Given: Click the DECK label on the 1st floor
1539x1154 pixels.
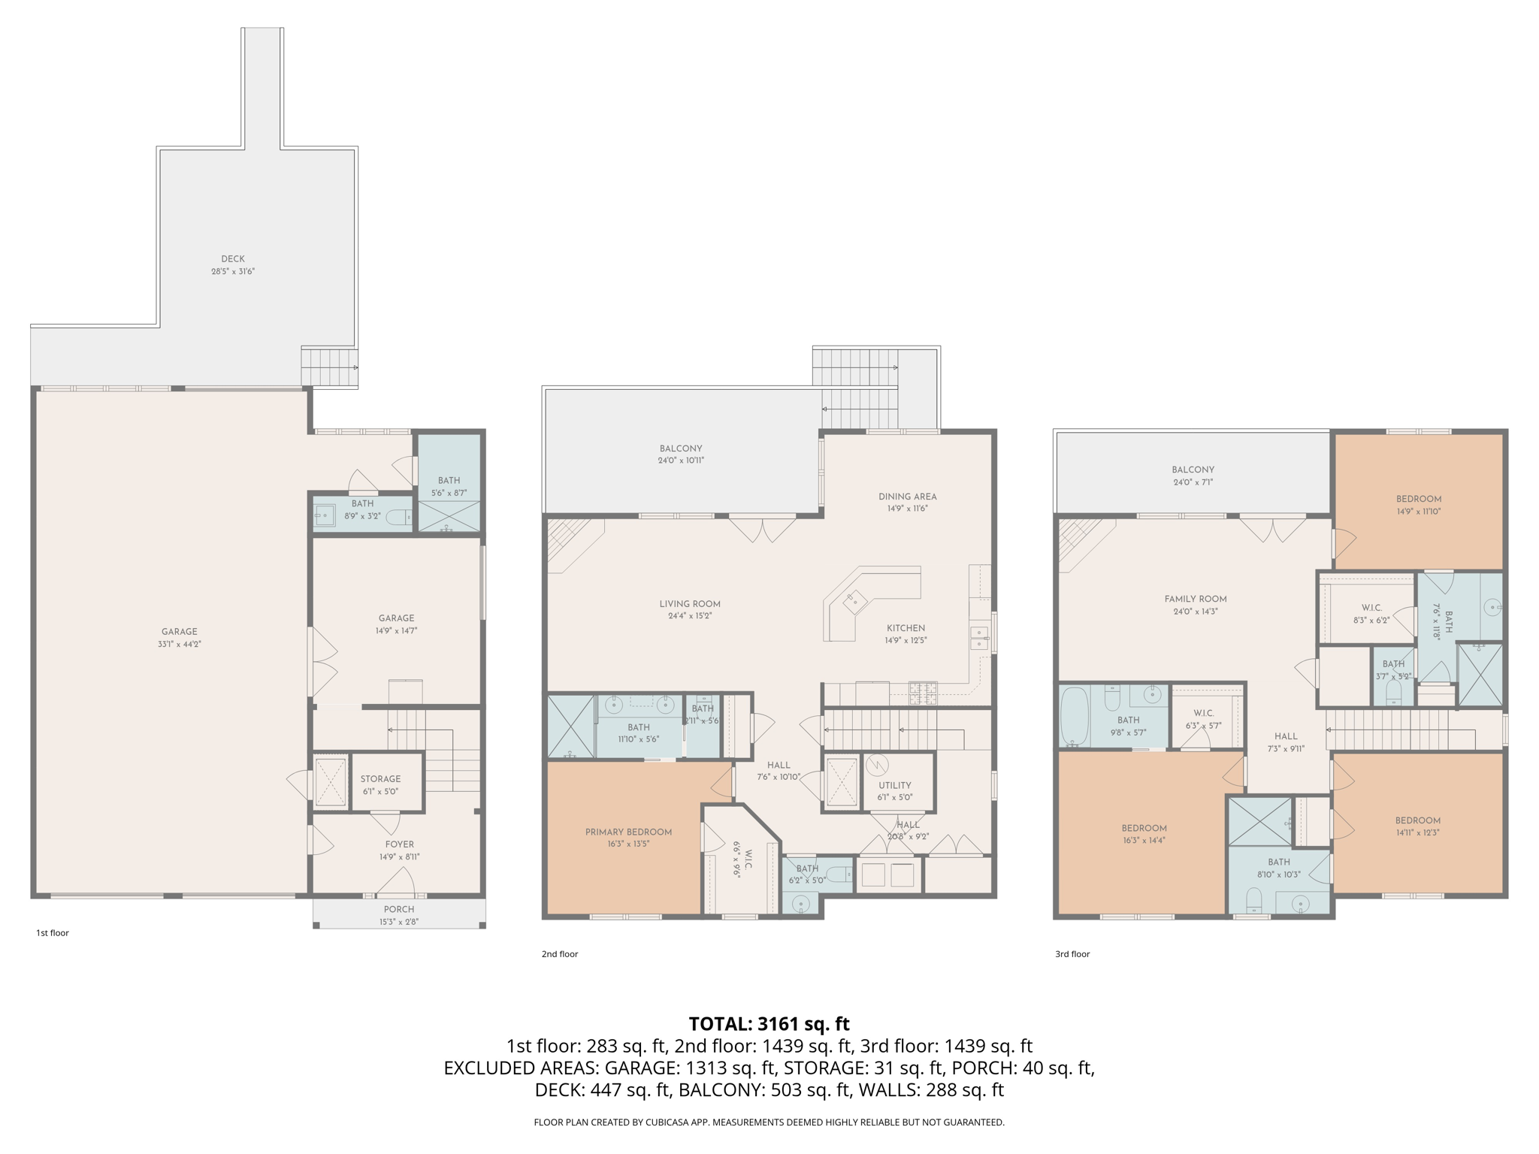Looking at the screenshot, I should coord(233,259).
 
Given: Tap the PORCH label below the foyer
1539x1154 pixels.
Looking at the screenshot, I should coord(399,909).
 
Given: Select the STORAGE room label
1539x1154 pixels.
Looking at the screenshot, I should coord(380,779).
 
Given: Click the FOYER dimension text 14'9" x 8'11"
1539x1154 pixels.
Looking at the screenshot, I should coord(400,856).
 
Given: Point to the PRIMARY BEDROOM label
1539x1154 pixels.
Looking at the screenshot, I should coord(628,832).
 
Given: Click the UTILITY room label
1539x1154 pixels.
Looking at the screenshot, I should coord(894,785).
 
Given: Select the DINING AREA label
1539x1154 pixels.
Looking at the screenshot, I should coord(907,497).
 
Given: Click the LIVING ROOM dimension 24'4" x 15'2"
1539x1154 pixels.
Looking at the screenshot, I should coord(690,616).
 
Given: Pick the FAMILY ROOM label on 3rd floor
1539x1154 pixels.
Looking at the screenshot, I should coord(1196,599).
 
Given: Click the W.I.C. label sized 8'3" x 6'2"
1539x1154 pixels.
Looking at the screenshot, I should coord(1371,608).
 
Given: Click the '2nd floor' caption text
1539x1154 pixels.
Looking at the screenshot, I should coord(560,954).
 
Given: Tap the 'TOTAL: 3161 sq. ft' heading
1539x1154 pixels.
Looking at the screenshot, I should coord(769,1023).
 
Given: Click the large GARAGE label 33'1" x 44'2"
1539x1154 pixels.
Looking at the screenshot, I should coord(179,632).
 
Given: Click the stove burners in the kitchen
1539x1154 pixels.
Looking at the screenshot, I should coord(924,693).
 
